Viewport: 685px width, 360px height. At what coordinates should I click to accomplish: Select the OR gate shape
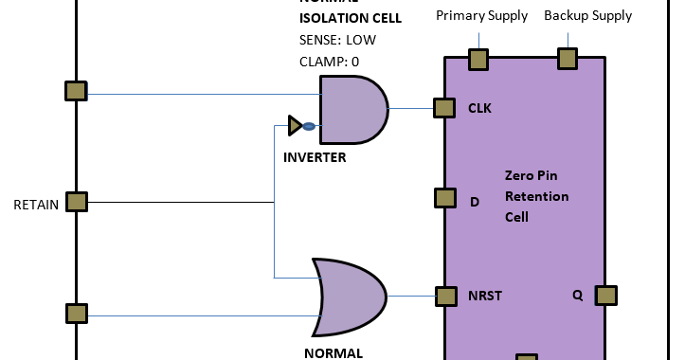pos(352,297)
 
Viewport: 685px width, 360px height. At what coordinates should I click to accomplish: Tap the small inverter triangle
pos(295,125)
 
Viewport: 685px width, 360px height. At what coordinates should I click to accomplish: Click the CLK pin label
pos(479,108)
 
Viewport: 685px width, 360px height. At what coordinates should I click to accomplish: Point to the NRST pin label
pos(484,295)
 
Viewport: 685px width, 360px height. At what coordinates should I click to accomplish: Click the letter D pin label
pos(475,201)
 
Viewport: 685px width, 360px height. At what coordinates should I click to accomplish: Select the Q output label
pos(577,294)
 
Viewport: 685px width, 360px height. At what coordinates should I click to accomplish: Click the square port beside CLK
pos(444,108)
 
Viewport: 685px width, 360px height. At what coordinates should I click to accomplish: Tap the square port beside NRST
pos(445,296)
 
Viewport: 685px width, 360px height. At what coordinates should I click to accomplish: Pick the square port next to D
pos(445,198)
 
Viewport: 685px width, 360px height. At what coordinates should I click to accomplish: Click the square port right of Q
pos(606,296)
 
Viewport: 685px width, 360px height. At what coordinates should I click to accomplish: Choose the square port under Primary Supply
pos(478,60)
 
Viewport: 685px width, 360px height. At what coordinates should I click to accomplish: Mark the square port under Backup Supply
pos(567,59)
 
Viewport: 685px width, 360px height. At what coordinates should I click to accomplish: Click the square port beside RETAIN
pos(76,202)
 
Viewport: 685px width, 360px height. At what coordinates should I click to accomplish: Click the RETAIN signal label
pos(36,204)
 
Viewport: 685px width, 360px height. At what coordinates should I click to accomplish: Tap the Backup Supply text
pos(587,16)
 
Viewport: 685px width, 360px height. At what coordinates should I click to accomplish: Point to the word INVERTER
pos(315,157)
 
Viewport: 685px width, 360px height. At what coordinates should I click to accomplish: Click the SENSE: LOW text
pos(337,40)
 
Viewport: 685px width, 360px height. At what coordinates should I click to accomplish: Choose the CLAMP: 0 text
pos(330,62)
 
